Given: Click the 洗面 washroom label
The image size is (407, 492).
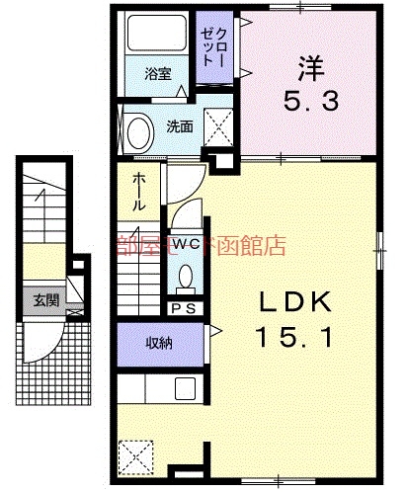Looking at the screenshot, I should [179, 126].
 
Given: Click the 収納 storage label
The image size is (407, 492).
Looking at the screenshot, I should [160, 344].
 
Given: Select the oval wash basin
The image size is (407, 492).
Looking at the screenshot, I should [138, 130].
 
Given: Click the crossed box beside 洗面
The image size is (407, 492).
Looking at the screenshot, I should [216, 125].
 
